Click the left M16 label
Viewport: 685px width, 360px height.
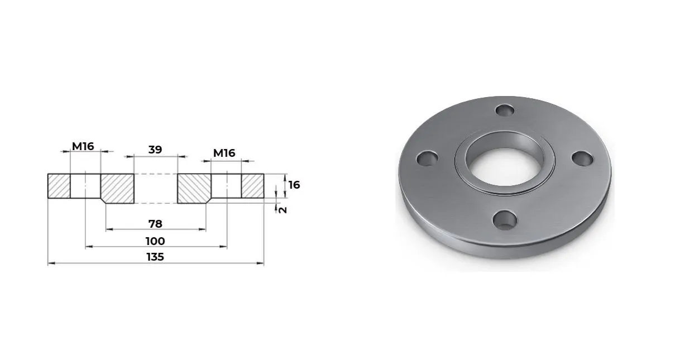pyautogui.click(x=83, y=146)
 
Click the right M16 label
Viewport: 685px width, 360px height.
pyautogui.click(x=224, y=153)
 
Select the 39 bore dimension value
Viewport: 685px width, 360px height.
pyautogui.click(x=155, y=149)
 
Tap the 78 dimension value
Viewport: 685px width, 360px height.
pyautogui.click(x=155, y=223)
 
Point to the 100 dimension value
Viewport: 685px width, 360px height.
pyautogui.click(x=155, y=241)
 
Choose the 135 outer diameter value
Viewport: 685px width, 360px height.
pyautogui.click(x=155, y=257)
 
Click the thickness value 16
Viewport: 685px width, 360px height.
pyautogui.click(x=294, y=185)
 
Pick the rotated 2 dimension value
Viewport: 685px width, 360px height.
pyautogui.click(x=282, y=209)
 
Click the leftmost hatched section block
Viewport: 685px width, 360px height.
pyautogui.click(x=59, y=186)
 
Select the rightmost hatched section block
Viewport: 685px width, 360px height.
pyautogui.click(x=252, y=186)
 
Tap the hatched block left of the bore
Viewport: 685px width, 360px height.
pyautogui.click(x=117, y=188)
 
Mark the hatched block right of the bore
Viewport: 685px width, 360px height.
pyautogui.click(x=194, y=188)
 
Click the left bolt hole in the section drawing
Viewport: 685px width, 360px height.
pyautogui.click(x=85, y=186)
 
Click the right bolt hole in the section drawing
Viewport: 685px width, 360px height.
pyautogui.click(x=226, y=186)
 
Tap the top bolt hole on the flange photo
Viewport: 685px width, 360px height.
pyautogui.click(x=505, y=110)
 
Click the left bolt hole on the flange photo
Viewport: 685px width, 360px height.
pyautogui.click(x=427, y=159)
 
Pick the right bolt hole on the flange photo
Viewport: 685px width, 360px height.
pyautogui.click(x=582, y=158)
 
